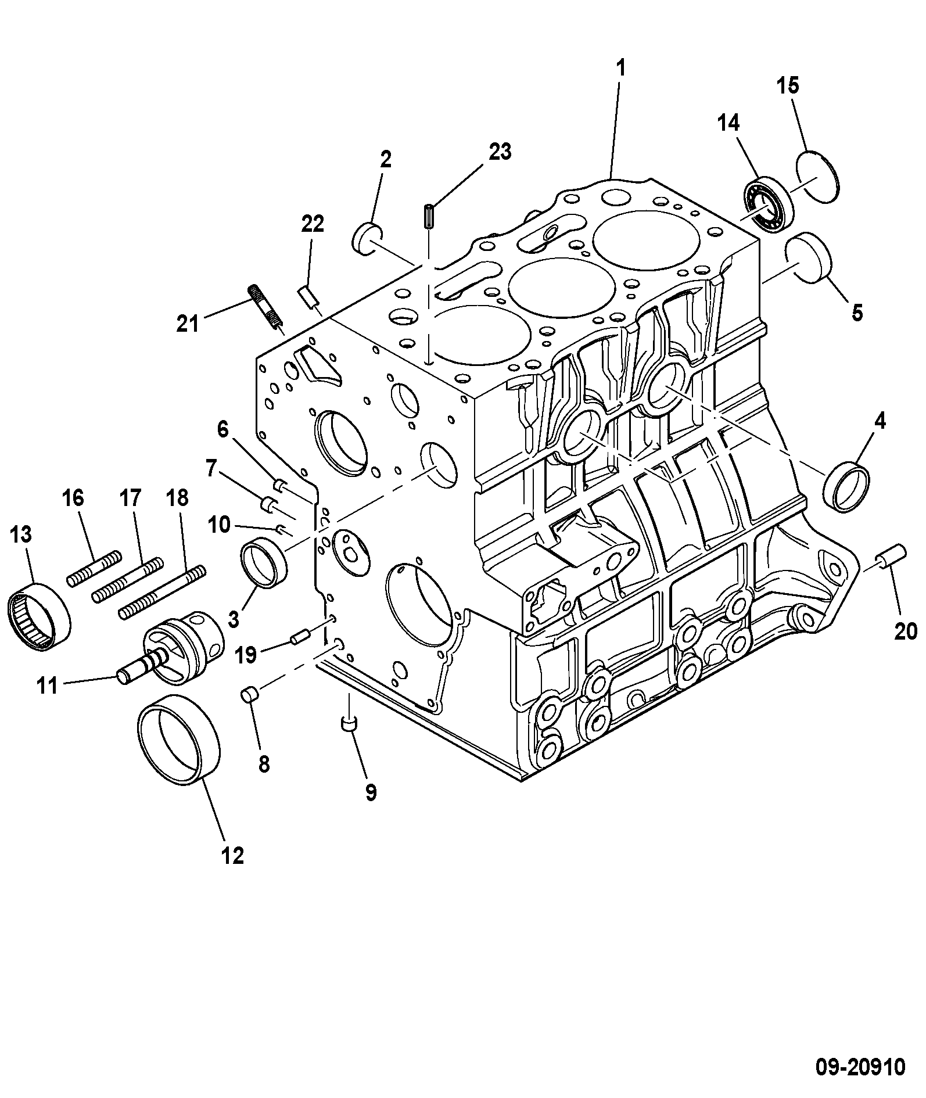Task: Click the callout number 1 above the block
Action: [621, 69]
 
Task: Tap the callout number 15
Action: [788, 86]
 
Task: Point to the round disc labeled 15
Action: [818, 177]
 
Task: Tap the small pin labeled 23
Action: [429, 216]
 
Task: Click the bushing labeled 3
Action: [264, 563]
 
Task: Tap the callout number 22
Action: [313, 224]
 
